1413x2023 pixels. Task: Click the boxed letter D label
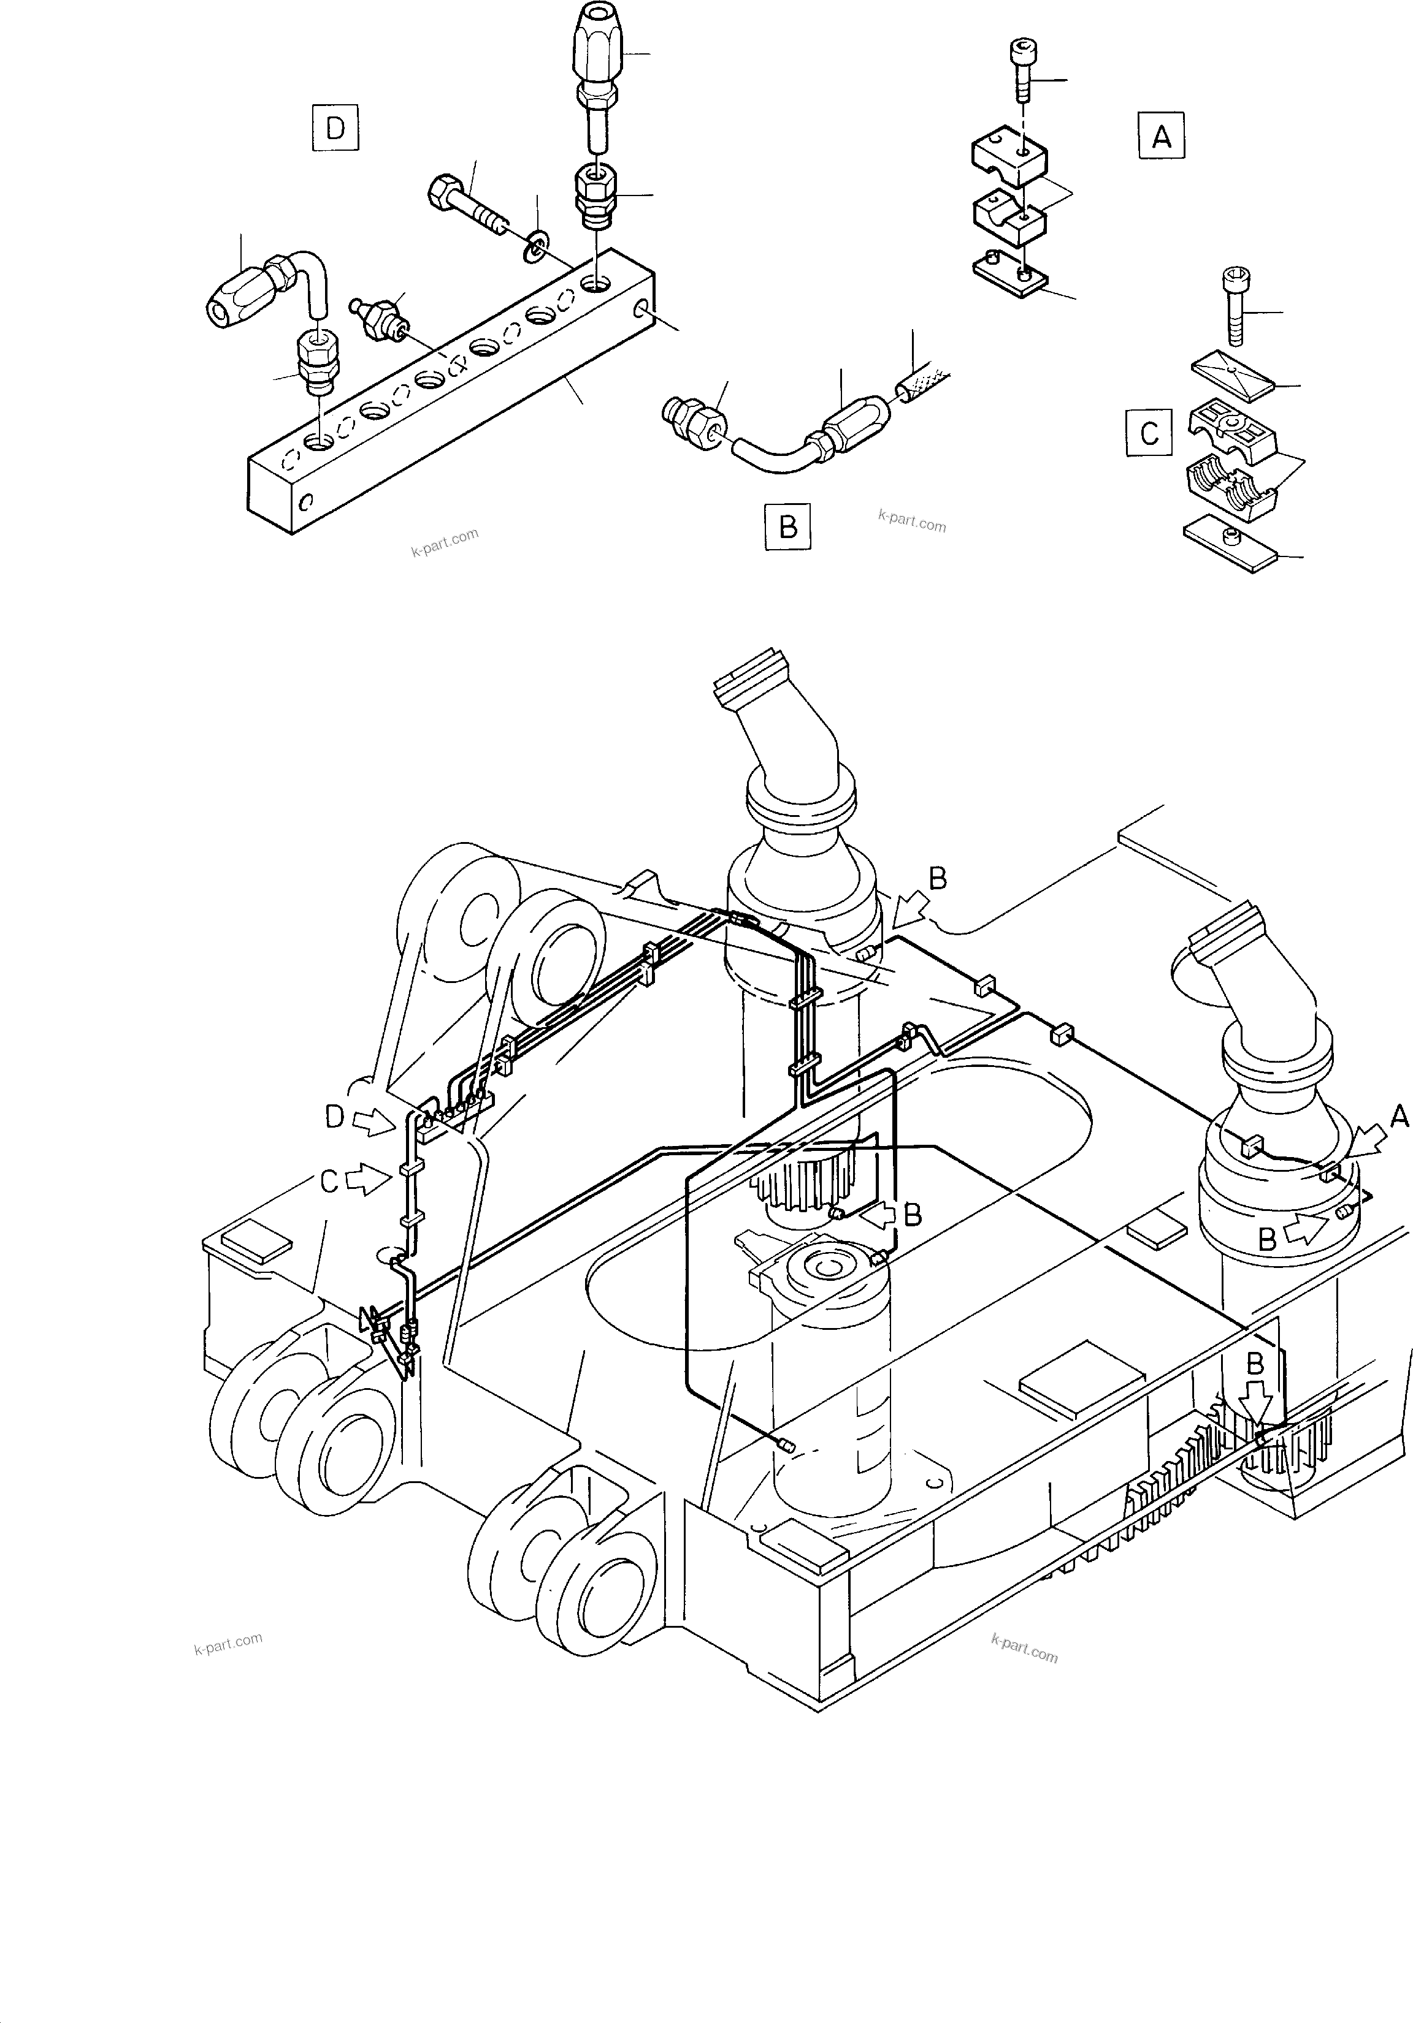(335, 129)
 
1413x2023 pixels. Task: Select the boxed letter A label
(1161, 137)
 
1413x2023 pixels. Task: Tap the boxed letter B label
(788, 527)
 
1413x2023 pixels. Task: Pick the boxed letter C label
(1149, 433)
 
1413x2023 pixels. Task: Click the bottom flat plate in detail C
(1230, 544)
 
